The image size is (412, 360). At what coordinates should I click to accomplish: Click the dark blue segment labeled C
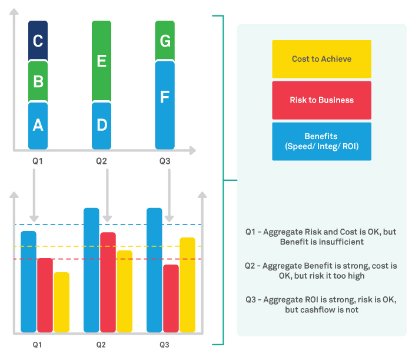38,41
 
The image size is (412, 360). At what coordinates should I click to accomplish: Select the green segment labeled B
38,81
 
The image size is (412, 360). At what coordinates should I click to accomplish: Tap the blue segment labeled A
38,125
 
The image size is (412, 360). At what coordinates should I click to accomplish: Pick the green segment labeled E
101,61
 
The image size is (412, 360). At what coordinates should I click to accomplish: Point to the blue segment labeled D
101,125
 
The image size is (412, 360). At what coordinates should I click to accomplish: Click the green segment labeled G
165,41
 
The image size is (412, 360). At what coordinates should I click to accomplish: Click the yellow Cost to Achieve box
321,59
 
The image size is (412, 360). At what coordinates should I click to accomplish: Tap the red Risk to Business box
321,100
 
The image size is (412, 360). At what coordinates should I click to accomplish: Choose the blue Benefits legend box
321,141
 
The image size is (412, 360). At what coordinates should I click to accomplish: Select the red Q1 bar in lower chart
45,295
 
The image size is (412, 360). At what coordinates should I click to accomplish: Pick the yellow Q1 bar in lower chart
61,302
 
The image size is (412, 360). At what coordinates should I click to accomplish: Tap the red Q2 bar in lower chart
108,282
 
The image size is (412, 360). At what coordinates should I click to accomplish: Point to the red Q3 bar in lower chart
171,298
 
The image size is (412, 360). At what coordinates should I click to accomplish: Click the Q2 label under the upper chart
101,161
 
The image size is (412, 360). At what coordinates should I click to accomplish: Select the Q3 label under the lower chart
164,345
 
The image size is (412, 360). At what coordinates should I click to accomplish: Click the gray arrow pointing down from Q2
107,194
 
